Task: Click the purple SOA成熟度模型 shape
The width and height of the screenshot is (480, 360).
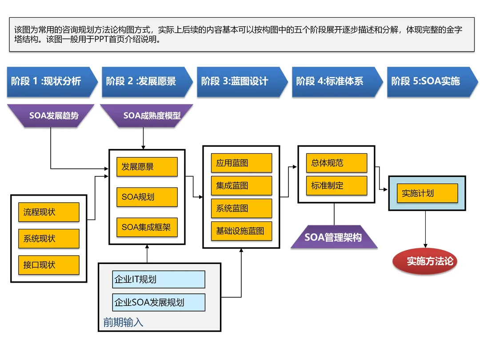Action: tap(147, 116)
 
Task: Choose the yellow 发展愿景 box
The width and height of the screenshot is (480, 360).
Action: tap(147, 167)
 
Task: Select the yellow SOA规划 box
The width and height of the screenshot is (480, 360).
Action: tap(147, 197)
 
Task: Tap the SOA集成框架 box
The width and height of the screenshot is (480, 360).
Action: tap(147, 228)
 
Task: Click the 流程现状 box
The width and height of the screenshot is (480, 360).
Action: tap(48, 212)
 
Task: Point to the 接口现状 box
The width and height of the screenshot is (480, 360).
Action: tap(48, 265)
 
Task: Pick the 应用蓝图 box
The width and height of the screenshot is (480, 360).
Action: tap(241, 163)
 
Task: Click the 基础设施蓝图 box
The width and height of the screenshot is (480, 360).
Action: tap(241, 231)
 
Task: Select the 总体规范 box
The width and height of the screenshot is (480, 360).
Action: tap(336, 163)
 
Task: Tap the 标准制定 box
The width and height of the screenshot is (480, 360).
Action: tap(336, 186)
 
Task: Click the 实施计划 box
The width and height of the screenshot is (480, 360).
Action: tap(427, 193)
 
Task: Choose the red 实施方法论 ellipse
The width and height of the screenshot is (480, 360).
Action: tap(425, 261)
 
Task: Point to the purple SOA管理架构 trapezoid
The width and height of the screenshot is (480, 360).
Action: tap(334, 237)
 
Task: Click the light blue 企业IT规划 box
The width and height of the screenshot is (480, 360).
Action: tap(159, 280)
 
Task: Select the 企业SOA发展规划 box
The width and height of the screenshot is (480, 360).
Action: tap(159, 302)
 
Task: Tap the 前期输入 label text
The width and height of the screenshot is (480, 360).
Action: tap(123, 322)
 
